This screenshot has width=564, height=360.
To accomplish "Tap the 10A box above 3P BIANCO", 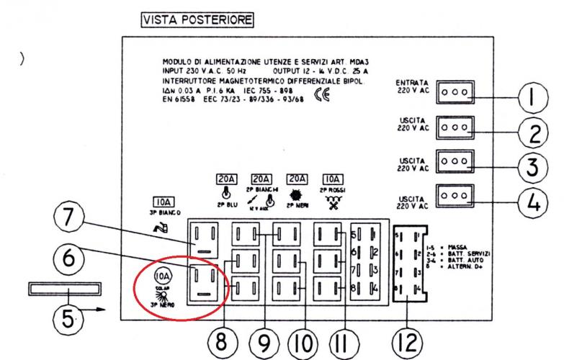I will point(161,203).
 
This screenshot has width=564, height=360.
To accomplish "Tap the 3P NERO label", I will point(163,305).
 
